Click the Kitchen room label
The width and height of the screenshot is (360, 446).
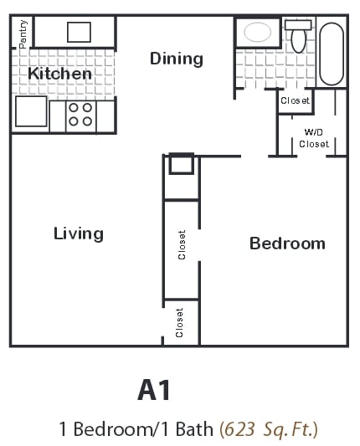(x=59, y=74)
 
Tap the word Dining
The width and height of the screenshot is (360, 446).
(x=177, y=58)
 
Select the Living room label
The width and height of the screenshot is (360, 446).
(x=78, y=233)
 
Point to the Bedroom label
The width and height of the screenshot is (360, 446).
(x=287, y=244)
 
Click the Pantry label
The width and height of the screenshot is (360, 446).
(x=23, y=33)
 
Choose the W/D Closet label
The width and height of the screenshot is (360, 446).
(x=314, y=138)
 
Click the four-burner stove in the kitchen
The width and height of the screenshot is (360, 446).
(x=80, y=115)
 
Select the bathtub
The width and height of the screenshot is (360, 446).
(x=331, y=53)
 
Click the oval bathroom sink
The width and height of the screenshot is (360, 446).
(x=257, y=33)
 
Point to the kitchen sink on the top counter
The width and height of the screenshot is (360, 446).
(x=79, y=32)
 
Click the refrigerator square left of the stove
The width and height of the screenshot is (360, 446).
(x=30, y=111)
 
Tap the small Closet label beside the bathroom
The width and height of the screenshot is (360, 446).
(x=295, y=100)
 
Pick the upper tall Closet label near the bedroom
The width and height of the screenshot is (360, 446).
(x=182, y=244)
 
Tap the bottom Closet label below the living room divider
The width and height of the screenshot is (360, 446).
(x=180, y=323)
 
